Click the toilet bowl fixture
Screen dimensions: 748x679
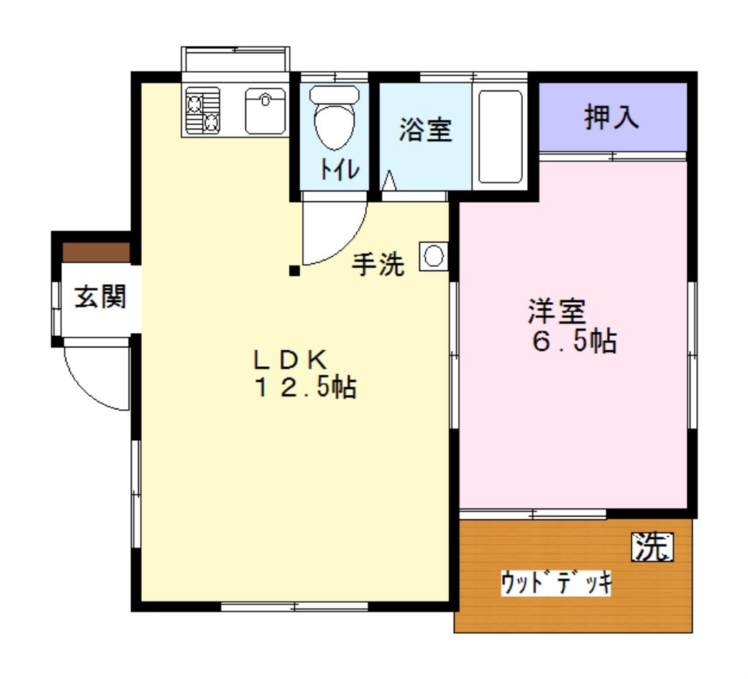click(334, 117)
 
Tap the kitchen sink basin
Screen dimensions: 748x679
click(265, 111)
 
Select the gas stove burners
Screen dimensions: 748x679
click(204, 111)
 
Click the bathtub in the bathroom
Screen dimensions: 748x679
click(501, 137)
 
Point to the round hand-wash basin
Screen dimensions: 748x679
click(434, 256)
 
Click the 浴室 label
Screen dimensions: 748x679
click(426, 129)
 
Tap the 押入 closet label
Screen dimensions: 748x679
click(611, 117)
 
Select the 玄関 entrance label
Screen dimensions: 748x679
click(100, 296)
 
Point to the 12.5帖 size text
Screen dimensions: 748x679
click(306, 387)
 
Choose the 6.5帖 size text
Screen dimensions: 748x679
click(575, 341)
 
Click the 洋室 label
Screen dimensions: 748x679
click(557, 311)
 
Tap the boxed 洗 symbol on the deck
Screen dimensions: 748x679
click(652, 547)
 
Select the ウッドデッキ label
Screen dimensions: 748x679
click(556, 583)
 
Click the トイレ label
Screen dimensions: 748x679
click(339, 168)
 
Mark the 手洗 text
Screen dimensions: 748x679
click(378, 263)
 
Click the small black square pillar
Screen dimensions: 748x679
click(294, 271)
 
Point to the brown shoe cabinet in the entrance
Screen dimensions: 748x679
click(96, 252)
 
